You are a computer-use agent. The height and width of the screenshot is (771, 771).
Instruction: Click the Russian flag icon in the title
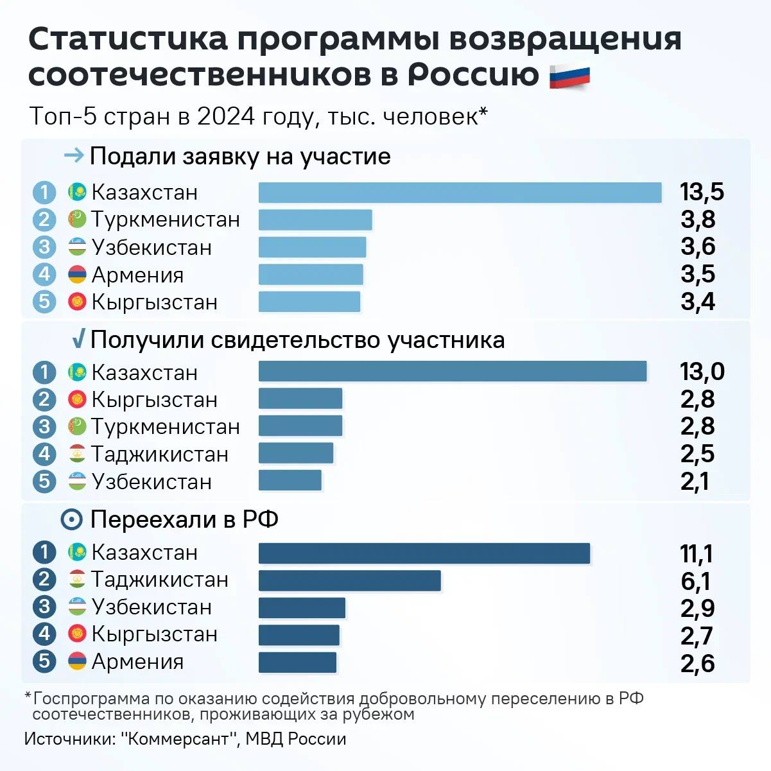pyautogui.click(x=569, y=76)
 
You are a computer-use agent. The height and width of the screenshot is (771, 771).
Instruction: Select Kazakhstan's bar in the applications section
pyautogui.click(x=460, y=193)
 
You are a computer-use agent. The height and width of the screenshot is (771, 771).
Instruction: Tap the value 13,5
pyautogui.click(x=702, y=192)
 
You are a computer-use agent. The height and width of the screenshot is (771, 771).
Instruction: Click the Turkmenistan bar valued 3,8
pyautogui.click(x=315, y=220)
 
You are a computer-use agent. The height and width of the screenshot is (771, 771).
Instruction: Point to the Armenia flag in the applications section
pyautogui.click(x=77, y=275)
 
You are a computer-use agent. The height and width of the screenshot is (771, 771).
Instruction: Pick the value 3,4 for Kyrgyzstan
pyautogui.click(x=698, y=302)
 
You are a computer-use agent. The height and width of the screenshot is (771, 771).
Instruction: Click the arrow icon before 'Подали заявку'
pyautogui.click(x=74, y=155)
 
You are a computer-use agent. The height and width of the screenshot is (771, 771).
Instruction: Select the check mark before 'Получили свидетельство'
pyautogui.click(x=78, y=339)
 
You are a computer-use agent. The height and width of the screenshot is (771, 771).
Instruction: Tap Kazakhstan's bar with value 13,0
pyautogui.click(x=453, y=372)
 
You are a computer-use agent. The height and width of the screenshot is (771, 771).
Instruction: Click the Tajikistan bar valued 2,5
pyautogui.click(x=296, y=453)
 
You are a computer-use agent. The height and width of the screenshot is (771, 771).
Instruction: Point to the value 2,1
pyautogui.click(x=695, y=481)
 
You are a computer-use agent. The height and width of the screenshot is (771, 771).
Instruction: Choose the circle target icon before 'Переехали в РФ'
pyautogui.click(x=71, y=519)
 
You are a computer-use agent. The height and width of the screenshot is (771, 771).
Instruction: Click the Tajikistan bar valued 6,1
pyautogui.click(x=349, y=580)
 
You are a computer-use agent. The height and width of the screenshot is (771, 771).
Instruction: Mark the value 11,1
pyautogui.click(x=696, y=553)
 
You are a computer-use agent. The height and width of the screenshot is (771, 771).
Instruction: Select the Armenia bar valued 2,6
pyautogui.click(x=297, y=663)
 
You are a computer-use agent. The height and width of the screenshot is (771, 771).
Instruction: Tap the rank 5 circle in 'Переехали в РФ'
pyautogui.click(x=44, y=661)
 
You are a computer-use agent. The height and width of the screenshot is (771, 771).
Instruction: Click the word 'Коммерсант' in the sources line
pyautogui.click(x=179, y=739)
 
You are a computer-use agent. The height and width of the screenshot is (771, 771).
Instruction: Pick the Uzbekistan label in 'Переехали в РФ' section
pyautogui.click(x=152, y=607)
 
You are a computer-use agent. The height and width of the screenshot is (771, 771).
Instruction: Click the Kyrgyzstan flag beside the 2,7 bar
pyautogui.click(x=77, y=634)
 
